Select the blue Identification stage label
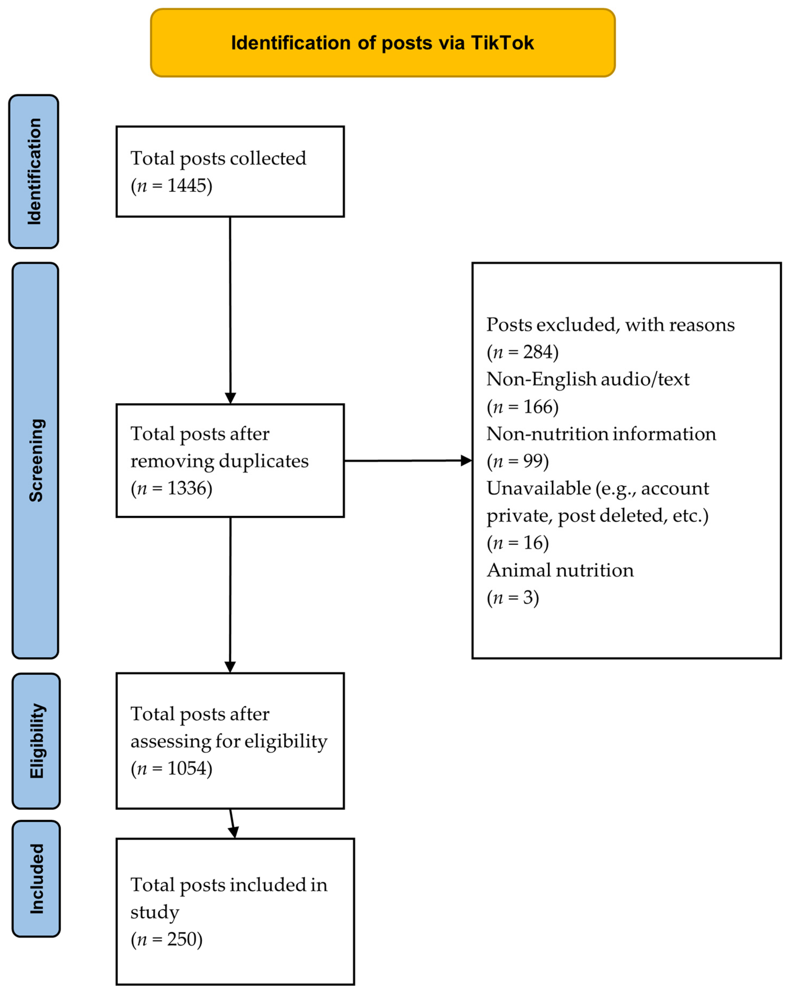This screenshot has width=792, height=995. pyautogui.click(x=34, y=172)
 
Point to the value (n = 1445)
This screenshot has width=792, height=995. pyautogui.click(x=171, y=186)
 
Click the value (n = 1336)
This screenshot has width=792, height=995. pyautogui.click(x=171, y=488)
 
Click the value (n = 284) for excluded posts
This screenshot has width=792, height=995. pyautogui.click(x=522, y=352)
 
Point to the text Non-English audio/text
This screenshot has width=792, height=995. pyautogui.click(x=588, y=379)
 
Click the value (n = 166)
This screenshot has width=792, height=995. pyautogui.click(x=522, y=407)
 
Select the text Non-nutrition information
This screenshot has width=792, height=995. pyautogui.click(x=601, y=434)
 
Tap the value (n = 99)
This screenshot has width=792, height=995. pyautogui.click(x=517, y=461)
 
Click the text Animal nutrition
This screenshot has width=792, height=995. pyautogui.click(x=560, y=570)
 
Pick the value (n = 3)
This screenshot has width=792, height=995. pyautogui.click(x=513, y=598)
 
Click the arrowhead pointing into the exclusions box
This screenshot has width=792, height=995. pyautogui.click(x=466, y=461)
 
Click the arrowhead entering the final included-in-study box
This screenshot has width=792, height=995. pyautogui.click(x=233, y=832)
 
